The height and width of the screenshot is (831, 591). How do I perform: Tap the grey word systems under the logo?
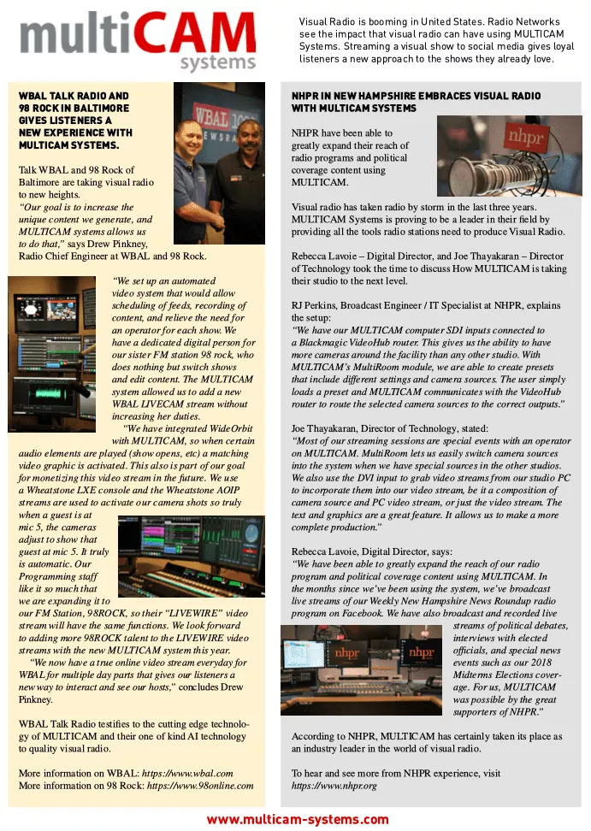[x=212, y=63]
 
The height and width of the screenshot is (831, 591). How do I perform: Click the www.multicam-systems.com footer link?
[x=297, y=819]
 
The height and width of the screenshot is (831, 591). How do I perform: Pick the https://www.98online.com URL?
[x=203, y=785]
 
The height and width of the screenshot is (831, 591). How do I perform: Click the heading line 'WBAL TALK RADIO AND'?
[x=74, y=97]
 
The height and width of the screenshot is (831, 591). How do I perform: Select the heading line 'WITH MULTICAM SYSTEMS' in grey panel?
[x=354, y=109]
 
